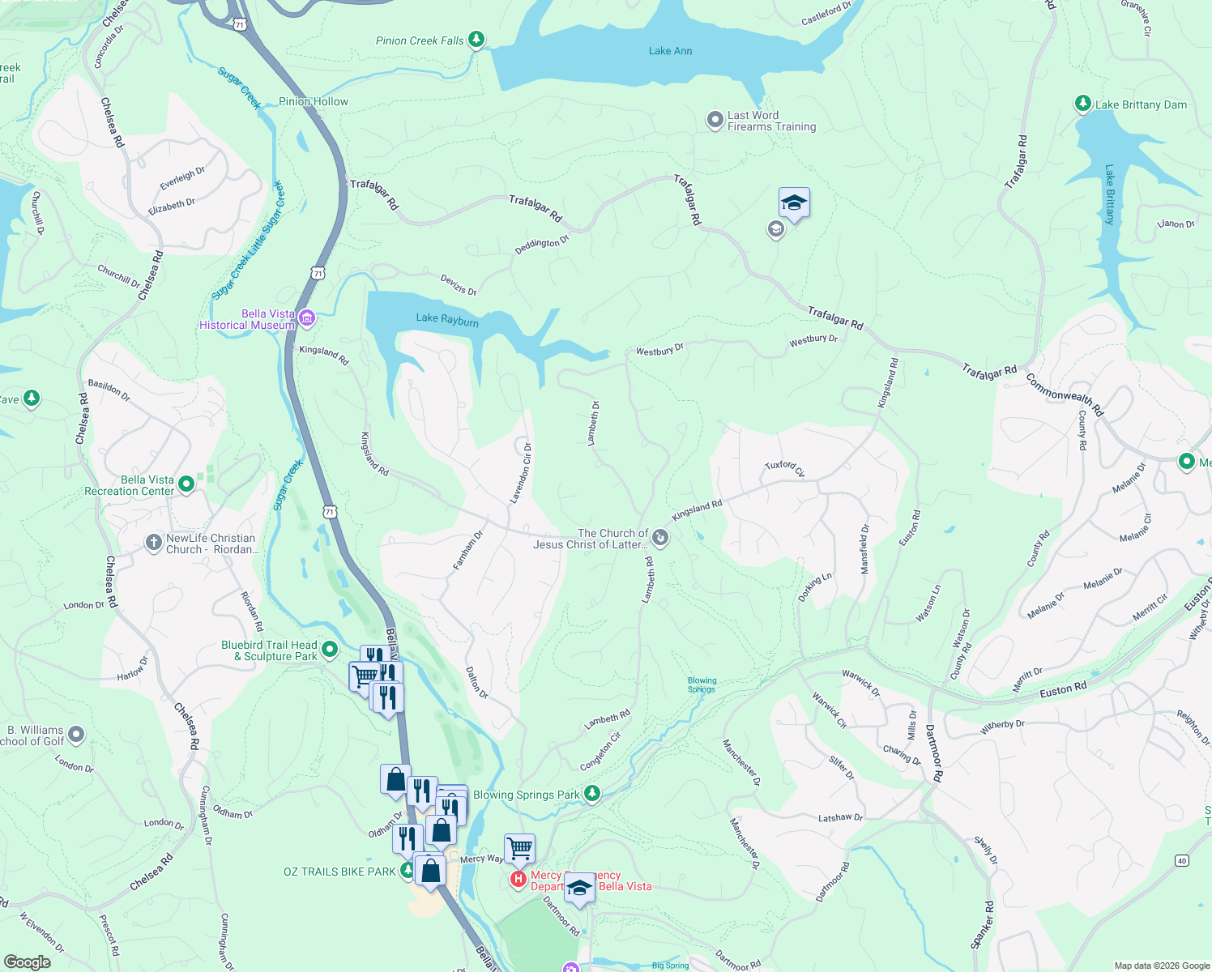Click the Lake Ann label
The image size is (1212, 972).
[x=670, y=51]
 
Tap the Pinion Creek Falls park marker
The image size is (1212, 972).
[x=476, y=40]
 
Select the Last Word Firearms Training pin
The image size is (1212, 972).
[x=715, y=121]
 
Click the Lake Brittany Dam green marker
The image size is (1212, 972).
[x=1082, y=104]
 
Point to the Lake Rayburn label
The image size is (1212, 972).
[x=447, y=320]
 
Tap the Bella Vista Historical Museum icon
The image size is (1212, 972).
[x=307, y=318]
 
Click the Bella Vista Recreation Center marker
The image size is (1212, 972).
[x=186, y=484]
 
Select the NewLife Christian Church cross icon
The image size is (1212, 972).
[x=154, y=543]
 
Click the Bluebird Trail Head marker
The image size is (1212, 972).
[x=329, y=650]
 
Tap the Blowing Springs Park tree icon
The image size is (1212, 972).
[x=592, y=794]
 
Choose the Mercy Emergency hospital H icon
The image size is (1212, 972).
[x=519, y=880]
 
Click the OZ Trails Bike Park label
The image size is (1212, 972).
[x=339, y=872]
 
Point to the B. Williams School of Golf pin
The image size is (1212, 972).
[x=76, y=735]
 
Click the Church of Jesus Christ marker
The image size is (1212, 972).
[x=660, y=538]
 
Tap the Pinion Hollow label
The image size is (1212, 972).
[x=314, y=101]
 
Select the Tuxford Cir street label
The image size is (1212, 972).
[x=784, y=468]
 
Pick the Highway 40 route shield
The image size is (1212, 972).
[x=1182, y=861]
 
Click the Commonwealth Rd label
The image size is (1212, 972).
[x=1065, y=394]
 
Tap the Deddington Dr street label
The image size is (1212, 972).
[x=542, y=245]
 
